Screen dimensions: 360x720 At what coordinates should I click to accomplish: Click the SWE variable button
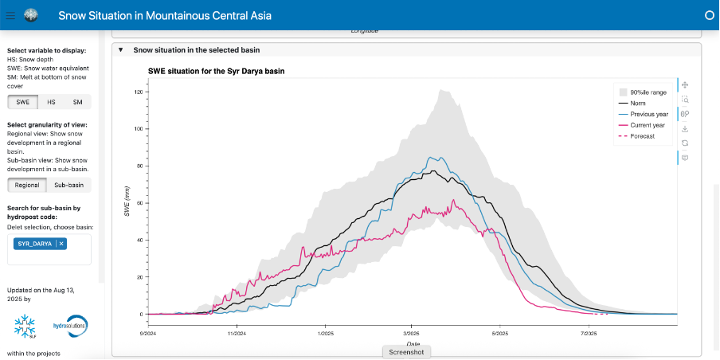pyautogui.click(x=22, y=102)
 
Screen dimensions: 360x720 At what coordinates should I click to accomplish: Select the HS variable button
pyautogui.click(x=51, y=102)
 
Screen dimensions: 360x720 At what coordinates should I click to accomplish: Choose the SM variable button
pyautogui.click(x=77, y=102)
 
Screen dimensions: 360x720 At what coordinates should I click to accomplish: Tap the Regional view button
pyautogui.click(x=27, y=185)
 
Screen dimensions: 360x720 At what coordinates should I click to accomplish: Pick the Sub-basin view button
pyautogui.click(x=68, y=185)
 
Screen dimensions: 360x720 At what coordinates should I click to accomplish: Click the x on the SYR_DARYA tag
pyautogui.click(x=61, y=243)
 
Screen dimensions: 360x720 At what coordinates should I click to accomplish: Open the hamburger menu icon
pyautogui.click(x=10, y=14)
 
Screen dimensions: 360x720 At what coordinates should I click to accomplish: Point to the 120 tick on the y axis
pyautogui.click(x=138, y=92)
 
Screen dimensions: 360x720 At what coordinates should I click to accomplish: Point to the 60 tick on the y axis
pyautogui.click(x=139, y=203)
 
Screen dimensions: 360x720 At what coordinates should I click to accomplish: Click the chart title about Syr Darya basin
pyautogui.click(x=216, y=71)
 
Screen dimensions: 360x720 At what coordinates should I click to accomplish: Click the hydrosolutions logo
pyautogui.click(x=69, y=325)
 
